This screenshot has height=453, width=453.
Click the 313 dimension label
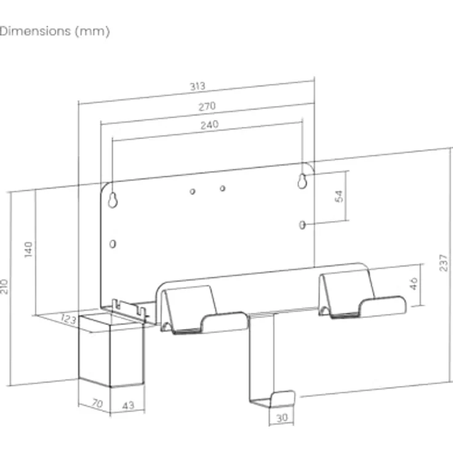(x=198, y=86)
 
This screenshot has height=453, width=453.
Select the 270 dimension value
(x=207, y=106)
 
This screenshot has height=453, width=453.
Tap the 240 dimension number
(x=209, y=125)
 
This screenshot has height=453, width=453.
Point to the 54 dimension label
(x=339, y=196)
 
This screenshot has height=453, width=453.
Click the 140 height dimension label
(x=28, y=250)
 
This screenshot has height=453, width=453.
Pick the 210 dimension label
(x=4, y=287)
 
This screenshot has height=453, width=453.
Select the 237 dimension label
(x=444, y=263)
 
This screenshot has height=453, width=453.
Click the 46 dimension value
(x=414, y=283)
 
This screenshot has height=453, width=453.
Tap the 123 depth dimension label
(x=68, y=319)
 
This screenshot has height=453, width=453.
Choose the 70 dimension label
(x=97, y=403)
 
